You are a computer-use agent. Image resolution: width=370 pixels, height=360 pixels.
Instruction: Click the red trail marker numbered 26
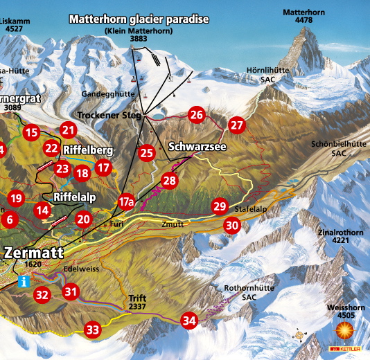pyautogui.click(x=197, y=115)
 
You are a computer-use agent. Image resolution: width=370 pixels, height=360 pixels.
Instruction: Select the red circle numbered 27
pyautogui.click(x=238, y=125)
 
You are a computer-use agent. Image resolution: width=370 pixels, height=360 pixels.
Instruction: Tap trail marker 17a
pyautogui.click(x=125, y=202)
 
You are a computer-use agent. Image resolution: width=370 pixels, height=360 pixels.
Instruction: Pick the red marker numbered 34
pyautogui.click(x=189, y=320)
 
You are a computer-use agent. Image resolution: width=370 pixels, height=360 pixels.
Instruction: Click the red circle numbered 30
pyautogui.click(x=231, y=225)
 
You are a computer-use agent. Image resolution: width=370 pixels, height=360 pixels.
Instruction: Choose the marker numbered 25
pyautogui.click(x=146, y=153)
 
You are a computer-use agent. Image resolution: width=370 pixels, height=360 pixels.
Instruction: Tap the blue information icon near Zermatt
pyautogui.click(x=25, y=281)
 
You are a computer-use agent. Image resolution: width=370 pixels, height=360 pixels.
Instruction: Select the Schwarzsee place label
pyautogui.click(x=197, y=147)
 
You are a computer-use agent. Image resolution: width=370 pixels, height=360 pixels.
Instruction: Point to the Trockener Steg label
pyautogui.click(x=109, y=114)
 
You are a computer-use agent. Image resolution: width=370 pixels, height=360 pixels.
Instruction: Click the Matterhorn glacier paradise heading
pyautogui.click(x=139, y=19)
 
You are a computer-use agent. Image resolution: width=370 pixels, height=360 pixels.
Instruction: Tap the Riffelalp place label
pyautogui.click(x=73, y=197)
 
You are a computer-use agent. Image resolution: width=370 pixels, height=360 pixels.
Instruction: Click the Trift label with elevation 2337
pyautogui.click(x=137, y=302)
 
